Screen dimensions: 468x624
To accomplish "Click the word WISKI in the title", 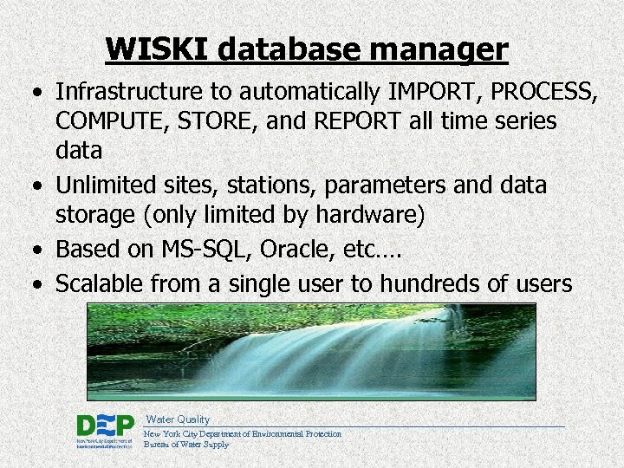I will (157, 49).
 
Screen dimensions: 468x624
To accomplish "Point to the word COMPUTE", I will (110, 121).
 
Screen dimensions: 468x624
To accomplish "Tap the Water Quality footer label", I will (177, 419).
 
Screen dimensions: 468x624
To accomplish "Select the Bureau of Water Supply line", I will (186, 445).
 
